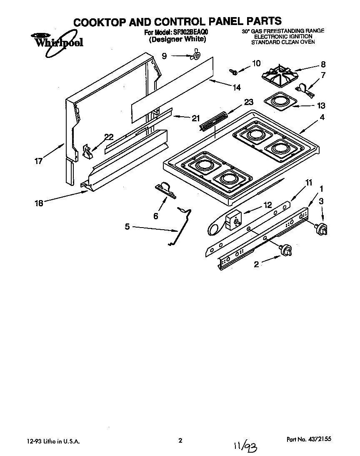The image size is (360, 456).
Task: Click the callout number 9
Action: (165, 56)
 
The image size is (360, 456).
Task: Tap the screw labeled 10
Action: (234, 72)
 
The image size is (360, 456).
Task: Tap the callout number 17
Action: (39, 161)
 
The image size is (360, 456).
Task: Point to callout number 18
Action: (39, 203)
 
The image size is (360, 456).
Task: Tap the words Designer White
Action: (177, 39)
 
